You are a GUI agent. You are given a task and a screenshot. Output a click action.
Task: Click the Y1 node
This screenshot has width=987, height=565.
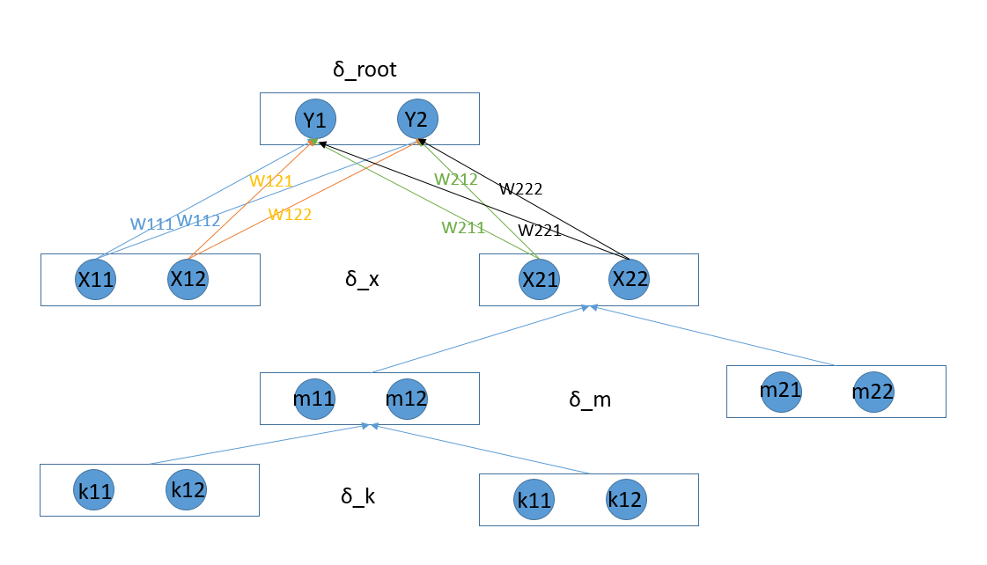315,119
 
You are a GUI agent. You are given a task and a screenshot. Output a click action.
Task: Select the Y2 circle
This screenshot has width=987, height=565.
417,119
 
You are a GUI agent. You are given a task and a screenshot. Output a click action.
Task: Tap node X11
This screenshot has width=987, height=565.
95,280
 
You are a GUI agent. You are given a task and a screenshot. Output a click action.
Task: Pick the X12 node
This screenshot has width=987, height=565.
188,280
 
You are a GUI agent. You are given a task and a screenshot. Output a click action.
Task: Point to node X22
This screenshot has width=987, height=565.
629,280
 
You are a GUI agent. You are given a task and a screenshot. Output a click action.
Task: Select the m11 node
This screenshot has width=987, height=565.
314,399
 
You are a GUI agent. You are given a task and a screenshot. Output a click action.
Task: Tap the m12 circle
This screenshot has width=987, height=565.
407,399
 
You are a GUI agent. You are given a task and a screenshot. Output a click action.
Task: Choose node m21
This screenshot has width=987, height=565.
780,391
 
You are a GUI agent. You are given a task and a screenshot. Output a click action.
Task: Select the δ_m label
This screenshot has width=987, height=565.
590,400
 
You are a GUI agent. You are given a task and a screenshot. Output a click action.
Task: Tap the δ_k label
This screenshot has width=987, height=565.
358,496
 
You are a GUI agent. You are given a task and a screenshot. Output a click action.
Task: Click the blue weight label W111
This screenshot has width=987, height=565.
151,224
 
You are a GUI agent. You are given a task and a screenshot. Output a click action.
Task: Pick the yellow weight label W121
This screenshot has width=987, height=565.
270,180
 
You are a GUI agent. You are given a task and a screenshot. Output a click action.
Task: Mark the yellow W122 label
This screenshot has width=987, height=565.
290,214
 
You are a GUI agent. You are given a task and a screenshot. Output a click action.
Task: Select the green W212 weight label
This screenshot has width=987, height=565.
455,180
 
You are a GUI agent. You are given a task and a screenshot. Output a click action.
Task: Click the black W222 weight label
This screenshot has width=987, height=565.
520,188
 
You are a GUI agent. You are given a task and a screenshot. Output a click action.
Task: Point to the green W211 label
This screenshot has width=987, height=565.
463,228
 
